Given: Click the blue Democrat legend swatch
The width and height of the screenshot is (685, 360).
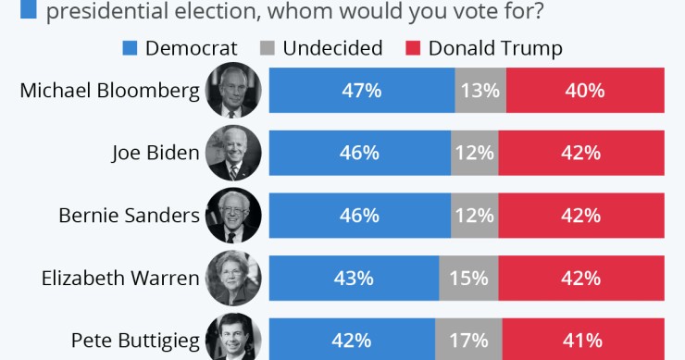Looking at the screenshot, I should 130,48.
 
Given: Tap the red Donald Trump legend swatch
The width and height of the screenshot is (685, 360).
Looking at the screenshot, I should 413,48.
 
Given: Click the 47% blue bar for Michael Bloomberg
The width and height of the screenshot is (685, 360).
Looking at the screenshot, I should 361,91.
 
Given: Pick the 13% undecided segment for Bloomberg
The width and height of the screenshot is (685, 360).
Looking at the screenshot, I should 480,91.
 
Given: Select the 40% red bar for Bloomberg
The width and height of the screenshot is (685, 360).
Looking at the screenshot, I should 585,91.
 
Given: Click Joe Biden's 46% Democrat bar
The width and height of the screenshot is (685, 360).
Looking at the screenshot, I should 359,153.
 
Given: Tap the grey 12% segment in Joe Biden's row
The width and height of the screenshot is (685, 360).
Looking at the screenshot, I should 475,153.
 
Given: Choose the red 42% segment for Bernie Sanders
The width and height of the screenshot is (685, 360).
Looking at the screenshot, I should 581,215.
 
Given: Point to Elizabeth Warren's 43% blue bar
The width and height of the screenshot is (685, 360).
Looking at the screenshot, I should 354,277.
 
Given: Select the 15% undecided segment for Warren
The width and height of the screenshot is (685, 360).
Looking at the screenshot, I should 469,277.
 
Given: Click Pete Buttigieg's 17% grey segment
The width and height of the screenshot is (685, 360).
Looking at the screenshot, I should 469,339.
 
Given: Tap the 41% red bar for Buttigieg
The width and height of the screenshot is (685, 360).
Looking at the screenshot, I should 583,339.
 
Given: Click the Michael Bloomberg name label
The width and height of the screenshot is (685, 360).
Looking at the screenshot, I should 109,91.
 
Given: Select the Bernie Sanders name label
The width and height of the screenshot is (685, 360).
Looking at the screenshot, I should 129,215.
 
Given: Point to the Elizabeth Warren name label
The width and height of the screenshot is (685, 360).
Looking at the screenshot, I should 120,277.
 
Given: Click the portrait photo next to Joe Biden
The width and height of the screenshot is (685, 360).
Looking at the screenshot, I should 233,153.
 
